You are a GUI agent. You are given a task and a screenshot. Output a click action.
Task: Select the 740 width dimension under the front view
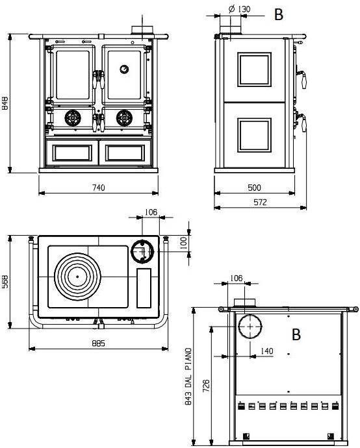[98, 188]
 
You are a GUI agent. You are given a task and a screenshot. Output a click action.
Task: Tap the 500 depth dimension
[255, 188]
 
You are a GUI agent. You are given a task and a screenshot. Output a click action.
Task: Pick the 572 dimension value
[260, 203]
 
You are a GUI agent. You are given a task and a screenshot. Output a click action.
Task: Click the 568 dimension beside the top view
[5, 283]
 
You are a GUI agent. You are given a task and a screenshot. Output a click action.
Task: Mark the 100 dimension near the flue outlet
[183, 242]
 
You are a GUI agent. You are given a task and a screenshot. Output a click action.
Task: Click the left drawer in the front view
[70, 153]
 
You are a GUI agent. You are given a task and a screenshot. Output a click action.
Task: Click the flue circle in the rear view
[248, 326]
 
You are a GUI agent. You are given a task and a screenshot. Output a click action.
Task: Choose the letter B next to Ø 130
[279, 16]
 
